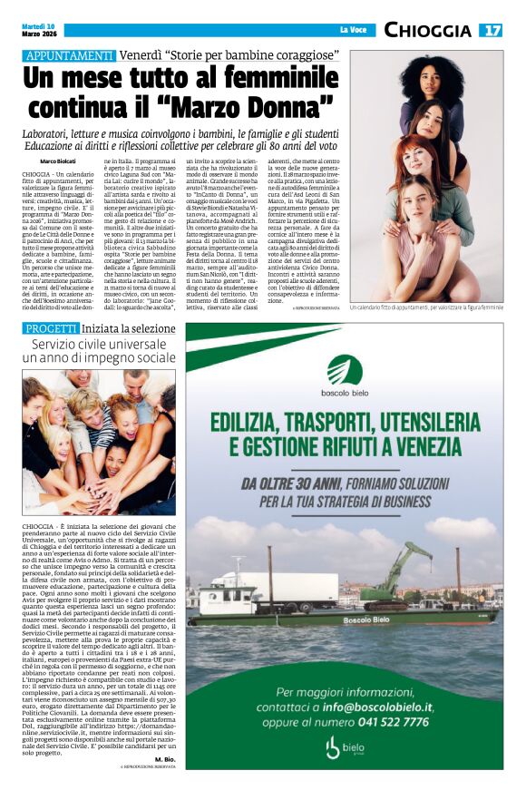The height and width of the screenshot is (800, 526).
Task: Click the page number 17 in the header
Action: [492, 30]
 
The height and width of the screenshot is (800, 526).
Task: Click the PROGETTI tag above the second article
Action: [51, 327]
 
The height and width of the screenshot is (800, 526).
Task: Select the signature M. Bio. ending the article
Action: [163, 758]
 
